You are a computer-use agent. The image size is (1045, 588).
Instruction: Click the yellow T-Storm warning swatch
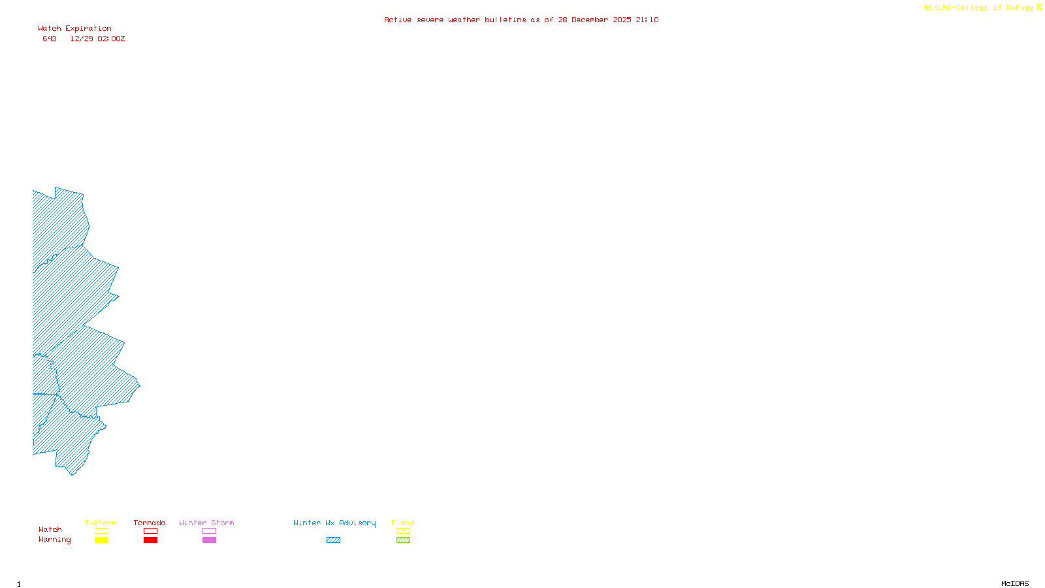pyautogui.click(x=101, y=540)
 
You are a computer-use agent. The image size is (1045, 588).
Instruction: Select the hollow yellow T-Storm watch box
pyautogui.click(x=101, y=531)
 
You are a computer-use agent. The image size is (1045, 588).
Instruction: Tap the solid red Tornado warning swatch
pyautogui.click(x=150, y=540)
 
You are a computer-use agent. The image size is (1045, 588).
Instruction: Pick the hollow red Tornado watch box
pyautogui.click(x=150, y=531)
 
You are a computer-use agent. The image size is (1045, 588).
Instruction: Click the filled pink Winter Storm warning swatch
pyautogui.click(x=209, y=540)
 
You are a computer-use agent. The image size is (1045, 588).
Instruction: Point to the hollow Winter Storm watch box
pyautogui.click(x=209, y=531)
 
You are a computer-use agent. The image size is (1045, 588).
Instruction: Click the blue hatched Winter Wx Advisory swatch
pyautogui.click(x=333, y=540)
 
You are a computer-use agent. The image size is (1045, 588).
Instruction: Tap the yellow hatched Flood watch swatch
pyautogui.click(x=403, y=531)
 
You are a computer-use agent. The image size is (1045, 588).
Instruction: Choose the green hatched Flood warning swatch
pyautogui.click(x=403, y=540)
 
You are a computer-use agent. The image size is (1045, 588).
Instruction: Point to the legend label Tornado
pyautogui.click(x=150, y=523)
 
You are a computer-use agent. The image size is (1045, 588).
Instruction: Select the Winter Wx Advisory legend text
pyautogui.click(x=334, y=523)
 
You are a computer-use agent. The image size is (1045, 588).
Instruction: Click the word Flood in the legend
pyautogui.click(x=403, y=523)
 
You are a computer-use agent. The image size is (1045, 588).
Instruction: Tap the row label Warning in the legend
pyautogui.click(x=54, y=540)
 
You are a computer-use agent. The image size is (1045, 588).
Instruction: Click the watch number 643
pyautogui.click(x=50, y=39)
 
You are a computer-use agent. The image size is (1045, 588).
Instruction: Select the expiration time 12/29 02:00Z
pyautogui.click(x=97, y=39)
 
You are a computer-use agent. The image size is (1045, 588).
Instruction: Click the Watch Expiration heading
pyautogui.click(x=74, y=29)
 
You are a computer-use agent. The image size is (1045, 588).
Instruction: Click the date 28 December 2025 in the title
pyautogui.click(x=594, y=20)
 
